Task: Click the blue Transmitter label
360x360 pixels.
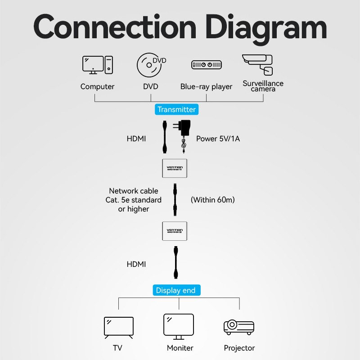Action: [x=176, y=109]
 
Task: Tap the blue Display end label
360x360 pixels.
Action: [x=175, y=290]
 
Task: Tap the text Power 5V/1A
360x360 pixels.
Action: [x=218, y=139]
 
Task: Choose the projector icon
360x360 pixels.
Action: [x=238, y=328]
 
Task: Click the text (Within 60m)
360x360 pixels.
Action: [x=212, y=199]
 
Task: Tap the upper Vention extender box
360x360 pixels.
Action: [x=175, y=168]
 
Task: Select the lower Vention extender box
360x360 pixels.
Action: [x=175, y=231]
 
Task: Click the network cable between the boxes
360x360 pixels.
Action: [x=175, y=199]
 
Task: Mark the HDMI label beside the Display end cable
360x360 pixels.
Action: [x=136, y=264]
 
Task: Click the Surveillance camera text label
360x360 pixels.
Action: [x=263, y=86]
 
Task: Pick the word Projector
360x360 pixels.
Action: [x=239, y=348]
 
